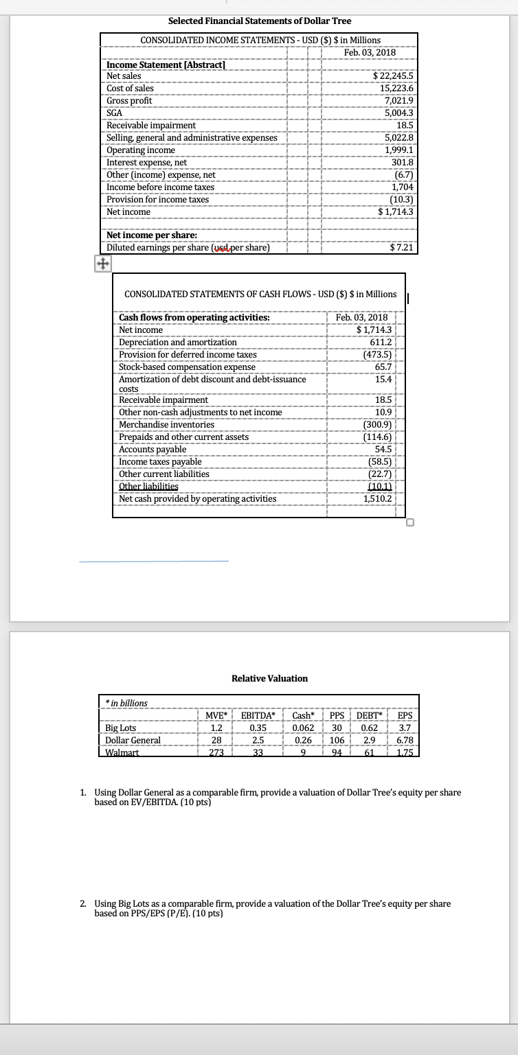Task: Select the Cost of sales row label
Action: [x=131, y=88]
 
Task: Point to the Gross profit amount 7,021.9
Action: [x=397, y=100]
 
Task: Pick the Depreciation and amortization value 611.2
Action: [x=378, y=342]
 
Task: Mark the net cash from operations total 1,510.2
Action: [x=378, y=498]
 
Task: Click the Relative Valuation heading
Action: [x=269, y=678]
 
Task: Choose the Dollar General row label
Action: [x=133, y=740]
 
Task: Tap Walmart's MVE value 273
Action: [x=216, y=751]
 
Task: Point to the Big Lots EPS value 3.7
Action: [x=404, y=728]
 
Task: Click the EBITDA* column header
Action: [x=259, y=716]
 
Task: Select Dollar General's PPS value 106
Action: [x=337, y=740]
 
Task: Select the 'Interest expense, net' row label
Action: [x=147, y=162]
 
